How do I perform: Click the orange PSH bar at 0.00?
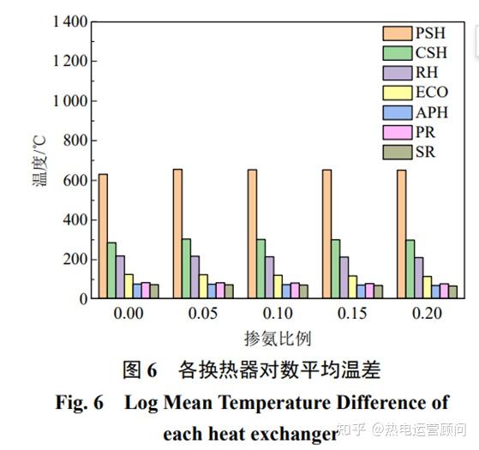coord(103,236)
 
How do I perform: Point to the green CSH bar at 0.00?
coord(111,270)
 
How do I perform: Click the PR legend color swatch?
coord(396,132)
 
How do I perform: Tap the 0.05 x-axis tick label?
coord(202,315)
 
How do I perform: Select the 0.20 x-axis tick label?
coord(427,315)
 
